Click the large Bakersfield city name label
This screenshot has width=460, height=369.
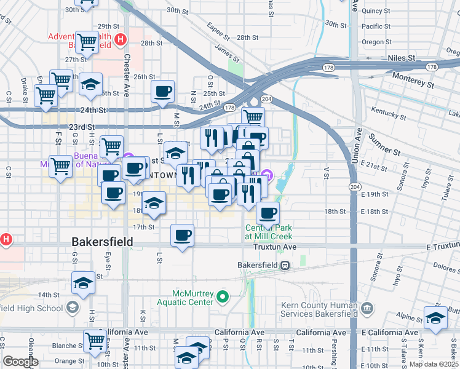[102, 242]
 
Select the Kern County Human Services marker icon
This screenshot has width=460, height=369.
[367, 307]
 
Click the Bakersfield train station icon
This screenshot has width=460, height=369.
[285, 265]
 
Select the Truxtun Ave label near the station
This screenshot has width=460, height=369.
[275, 247]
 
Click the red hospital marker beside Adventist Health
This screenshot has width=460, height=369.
[121, 40]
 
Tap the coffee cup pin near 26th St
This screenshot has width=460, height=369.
[163, 92]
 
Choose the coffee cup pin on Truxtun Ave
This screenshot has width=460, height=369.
[182, 235]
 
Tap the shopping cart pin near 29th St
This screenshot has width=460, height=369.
[86, 42]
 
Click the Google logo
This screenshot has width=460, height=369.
[20, 362]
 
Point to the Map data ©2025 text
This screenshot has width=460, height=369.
[434, 364]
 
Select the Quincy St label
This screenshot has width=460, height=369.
[376, 10]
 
